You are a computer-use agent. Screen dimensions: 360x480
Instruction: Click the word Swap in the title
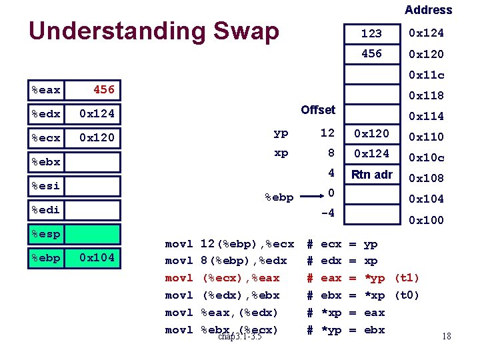coord(243,31)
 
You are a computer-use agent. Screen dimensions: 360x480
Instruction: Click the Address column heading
coord(428,10)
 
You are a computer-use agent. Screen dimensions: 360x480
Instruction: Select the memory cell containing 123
coord(371,33)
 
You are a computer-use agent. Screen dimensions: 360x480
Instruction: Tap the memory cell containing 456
coord(371,54)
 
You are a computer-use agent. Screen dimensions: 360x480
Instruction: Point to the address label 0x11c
coord(426,75)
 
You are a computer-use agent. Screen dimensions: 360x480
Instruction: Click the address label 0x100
coord(426,220)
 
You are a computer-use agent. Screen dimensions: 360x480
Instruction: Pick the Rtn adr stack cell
coord(372,175)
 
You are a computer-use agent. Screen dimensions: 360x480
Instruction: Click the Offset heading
coord(318,109)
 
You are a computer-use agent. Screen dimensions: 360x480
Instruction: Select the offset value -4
coord(327,214)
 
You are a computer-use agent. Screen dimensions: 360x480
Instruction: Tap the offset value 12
coord(327,133)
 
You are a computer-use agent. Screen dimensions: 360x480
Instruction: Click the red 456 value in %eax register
coord(103,89)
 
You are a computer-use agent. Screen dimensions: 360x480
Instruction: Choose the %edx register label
coord(45,114)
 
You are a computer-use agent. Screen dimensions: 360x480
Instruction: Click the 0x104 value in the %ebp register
coord(97,257)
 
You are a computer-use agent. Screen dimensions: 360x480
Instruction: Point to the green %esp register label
coord(45,234)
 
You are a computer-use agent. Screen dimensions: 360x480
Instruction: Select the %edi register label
coord(45,210)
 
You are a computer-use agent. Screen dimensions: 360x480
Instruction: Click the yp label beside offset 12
coord(281,133)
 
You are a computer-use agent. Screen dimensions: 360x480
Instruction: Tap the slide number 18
coord(446,336)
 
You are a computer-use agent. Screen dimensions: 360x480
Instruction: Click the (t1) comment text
coord(407,278)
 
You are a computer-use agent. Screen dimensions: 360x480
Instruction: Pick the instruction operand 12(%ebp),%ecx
coord(247,244)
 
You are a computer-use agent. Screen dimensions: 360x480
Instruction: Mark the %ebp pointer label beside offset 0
coord(279,197)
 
